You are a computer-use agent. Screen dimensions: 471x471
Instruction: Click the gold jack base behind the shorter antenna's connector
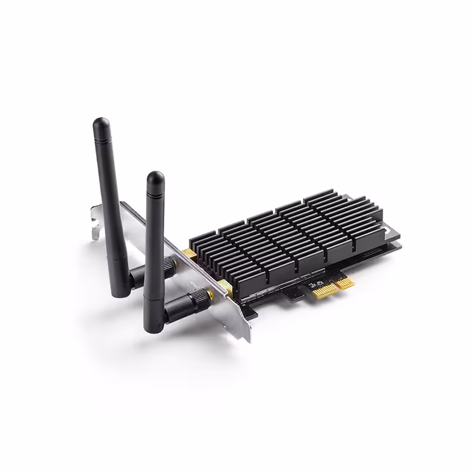point(224,287)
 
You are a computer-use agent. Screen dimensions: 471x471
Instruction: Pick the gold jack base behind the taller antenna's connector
point(189,254)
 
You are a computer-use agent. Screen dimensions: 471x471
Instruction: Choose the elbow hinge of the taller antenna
point(134,277)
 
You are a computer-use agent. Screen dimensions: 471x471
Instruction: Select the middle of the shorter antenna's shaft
point(154,241)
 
